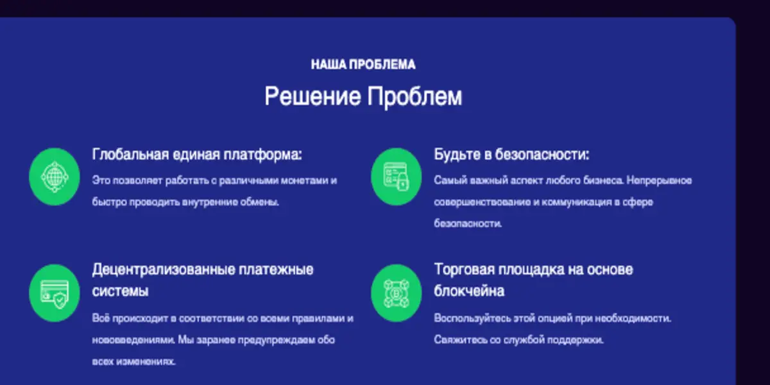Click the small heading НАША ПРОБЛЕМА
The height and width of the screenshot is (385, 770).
pyautogui.click(x=363, y=64)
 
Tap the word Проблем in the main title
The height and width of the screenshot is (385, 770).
pyautogui.click(x=415, y=97)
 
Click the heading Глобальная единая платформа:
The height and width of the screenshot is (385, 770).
pyautogui.click(x=197, y=155)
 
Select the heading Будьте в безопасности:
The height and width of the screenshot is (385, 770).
pyautogui.click(x=511, y=155)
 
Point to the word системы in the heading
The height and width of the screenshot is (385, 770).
pyautogui.click(x=121, y=291)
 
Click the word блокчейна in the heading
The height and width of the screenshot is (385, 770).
pyautogui.click(x=469, y=291)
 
